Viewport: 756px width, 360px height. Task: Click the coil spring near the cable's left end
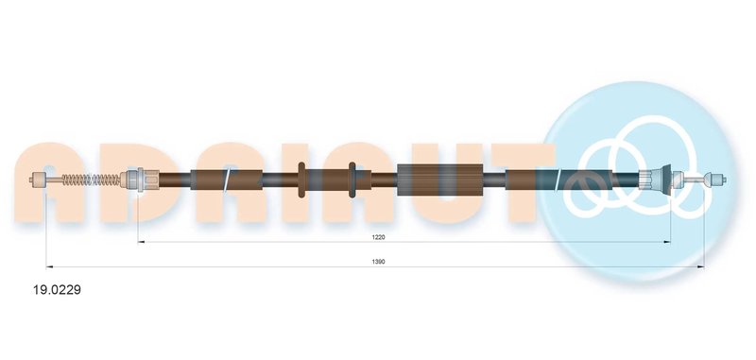click(91, 180)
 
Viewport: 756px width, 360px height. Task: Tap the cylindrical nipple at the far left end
click(38, 180)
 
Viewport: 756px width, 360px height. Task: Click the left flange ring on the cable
click(301, 180)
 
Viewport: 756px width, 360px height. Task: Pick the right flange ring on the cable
click(352, 180)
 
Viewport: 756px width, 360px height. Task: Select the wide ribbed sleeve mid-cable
click(440, 180)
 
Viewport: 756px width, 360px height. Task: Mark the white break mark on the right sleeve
click(558, 180)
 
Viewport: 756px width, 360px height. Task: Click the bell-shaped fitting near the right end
click(654, 180)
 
